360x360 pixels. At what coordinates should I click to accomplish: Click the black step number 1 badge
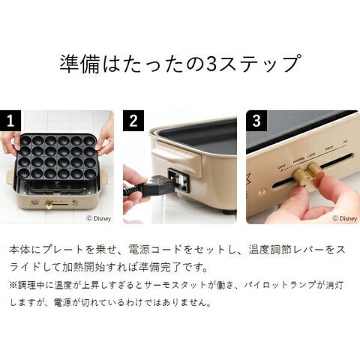(x=10, y=121)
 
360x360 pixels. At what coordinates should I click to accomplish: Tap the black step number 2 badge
(x=133, y=121)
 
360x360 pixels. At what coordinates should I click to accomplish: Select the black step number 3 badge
(x=256, y=121)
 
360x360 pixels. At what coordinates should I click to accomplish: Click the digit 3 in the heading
(x=211, y=63)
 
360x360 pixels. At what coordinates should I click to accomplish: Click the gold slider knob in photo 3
(x=308, y=175)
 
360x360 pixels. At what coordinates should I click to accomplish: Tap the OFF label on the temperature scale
(x=282, y=166)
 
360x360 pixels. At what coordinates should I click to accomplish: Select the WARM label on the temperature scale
(x=298, y=160)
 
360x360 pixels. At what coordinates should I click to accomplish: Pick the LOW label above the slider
(x=311, y=155)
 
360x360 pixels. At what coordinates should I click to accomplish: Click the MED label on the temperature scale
(x=328, y=148)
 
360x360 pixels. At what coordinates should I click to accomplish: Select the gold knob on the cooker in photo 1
(x=49, y=204)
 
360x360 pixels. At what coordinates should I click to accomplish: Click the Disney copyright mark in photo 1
(x=98, y=218)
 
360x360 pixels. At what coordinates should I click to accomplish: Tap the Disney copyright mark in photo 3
(x=345, y=218)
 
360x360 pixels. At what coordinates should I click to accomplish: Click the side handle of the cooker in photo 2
(x=175, y=157)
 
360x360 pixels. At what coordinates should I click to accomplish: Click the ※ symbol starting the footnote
(x=13, y=285)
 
